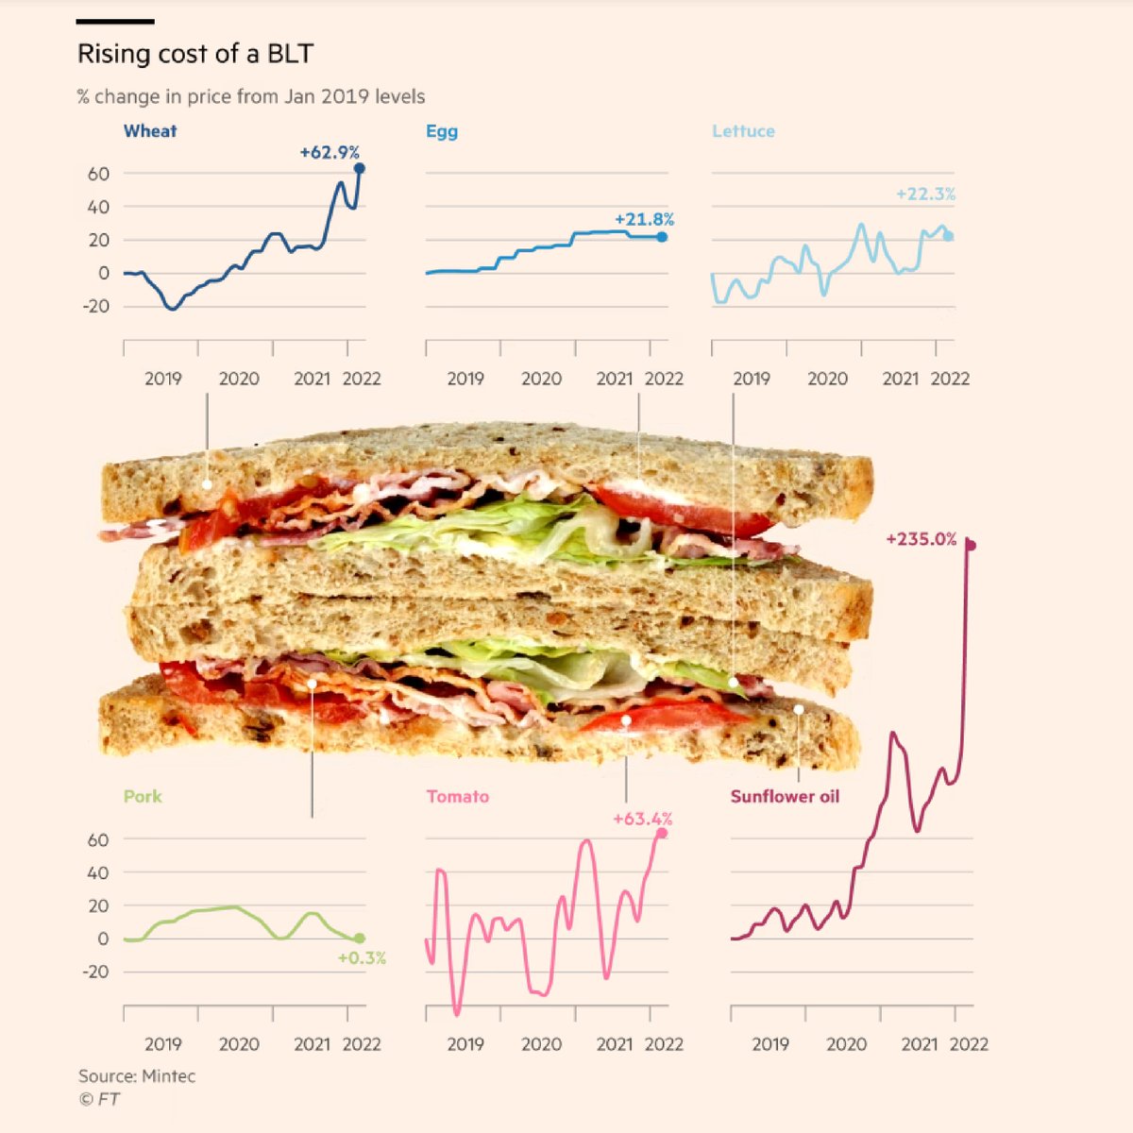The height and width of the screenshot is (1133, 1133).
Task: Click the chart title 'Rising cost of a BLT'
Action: (x=194, y=54)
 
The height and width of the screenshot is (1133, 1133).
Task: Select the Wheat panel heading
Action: (x=150, y=131)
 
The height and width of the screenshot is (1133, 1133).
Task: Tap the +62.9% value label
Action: (x=330, y=152)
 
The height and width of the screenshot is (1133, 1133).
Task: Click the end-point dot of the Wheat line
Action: (x=359, y=169)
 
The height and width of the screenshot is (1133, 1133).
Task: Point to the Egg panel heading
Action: (x=442, y=131)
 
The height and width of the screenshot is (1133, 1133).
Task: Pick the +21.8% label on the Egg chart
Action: (x=644, y=219)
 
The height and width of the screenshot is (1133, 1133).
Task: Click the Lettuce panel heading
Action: (x=743, y=131)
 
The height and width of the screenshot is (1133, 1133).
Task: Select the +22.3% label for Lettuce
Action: (x=925, y=194)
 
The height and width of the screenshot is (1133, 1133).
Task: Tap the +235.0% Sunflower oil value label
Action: (x=921, y=539)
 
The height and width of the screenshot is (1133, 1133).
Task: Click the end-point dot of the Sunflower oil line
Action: (x=970, y=545)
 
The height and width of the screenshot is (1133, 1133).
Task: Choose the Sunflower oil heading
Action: (x=785, y=796)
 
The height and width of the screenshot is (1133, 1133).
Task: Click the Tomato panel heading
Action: (x=458, y=796)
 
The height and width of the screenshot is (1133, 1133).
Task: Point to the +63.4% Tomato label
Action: (x=642, y=819)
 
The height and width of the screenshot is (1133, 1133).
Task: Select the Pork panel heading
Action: (x=143, y=796)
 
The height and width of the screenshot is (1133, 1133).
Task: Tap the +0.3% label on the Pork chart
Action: (x=362, y=958)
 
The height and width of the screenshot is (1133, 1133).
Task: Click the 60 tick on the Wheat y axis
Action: (x=99, y=174)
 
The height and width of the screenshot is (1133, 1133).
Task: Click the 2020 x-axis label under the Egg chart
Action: (x=541, y=379)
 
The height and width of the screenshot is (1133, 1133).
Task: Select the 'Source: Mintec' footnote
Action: (x=137, y=1075)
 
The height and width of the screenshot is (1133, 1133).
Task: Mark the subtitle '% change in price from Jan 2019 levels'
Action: (x=251, y=96)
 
